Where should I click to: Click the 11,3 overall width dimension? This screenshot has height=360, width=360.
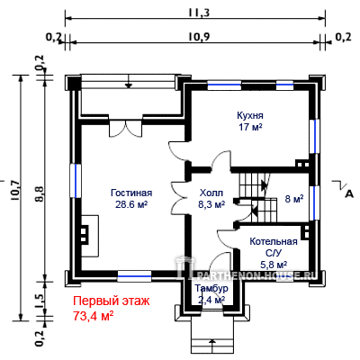[199, 13]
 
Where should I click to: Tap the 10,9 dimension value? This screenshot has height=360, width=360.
[199, 37]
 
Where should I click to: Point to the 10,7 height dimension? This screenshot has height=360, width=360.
[14, 190]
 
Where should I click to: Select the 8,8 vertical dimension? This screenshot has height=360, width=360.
[40, 194]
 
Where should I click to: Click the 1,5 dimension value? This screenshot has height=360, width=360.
[40, 299]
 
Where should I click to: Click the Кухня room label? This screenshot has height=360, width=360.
[250, 115]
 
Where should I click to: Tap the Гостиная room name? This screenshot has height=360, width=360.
[131, 193]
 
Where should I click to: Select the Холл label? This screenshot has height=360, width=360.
[211, 193]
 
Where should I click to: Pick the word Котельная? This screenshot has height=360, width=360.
[274, 241]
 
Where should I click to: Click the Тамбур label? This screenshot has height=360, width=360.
[211, 289]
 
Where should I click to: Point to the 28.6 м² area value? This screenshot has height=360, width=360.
[131, 204]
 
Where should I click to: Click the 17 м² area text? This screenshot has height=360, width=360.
[250, 127]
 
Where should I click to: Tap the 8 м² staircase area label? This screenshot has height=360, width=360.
[294, 199]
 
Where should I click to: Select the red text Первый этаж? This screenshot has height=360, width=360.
[112, 301]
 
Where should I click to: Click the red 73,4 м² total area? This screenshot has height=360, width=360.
[94, 315]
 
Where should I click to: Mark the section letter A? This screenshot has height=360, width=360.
[349, 194]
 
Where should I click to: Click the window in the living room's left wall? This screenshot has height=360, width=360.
[76, 180]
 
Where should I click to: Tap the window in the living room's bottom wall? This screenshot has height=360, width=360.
[134, 275]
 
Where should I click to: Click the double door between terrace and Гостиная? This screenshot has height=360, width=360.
[126, 128]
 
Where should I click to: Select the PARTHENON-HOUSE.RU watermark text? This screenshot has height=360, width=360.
[254, 274]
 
